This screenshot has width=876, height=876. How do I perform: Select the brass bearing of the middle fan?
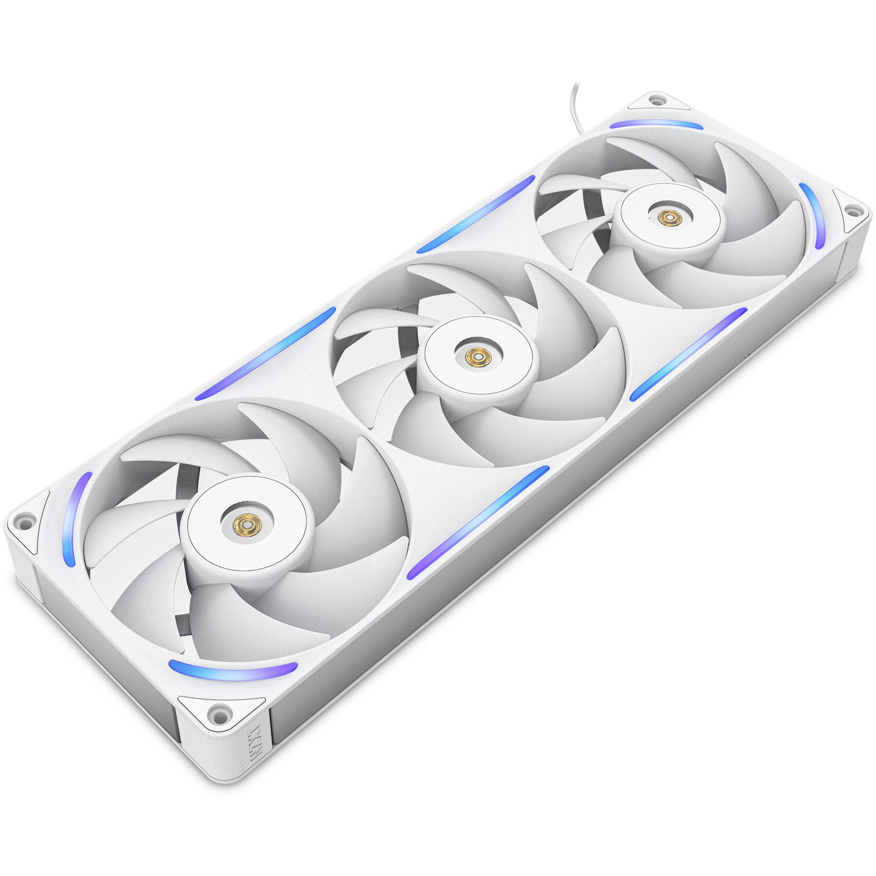[476, 357]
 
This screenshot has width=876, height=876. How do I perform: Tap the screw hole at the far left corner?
[23, 521]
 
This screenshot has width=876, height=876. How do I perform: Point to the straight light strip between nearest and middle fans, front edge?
[478, 523]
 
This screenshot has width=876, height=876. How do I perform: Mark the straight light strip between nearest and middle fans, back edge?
[265, 354]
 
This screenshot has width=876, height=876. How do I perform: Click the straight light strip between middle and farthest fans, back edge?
[476, 214]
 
